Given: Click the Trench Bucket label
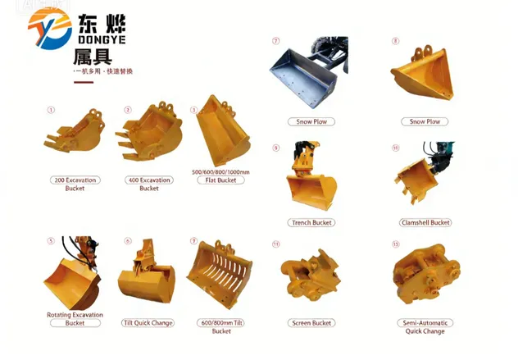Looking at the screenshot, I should click(312, 222).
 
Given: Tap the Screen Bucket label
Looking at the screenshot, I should click(311, 323).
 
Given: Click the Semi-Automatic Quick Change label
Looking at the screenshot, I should click(425, 327).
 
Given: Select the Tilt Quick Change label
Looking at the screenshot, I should click(148, 323).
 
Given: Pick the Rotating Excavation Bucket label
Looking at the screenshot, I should click(75, 319).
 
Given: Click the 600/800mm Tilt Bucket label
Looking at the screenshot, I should click(221, 327).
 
